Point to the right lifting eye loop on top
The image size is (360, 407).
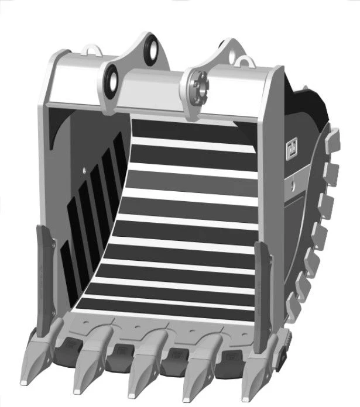tap(246, 60)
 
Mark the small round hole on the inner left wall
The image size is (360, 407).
tap(85, 170)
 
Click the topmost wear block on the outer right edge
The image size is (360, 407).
tap(332, 139)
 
